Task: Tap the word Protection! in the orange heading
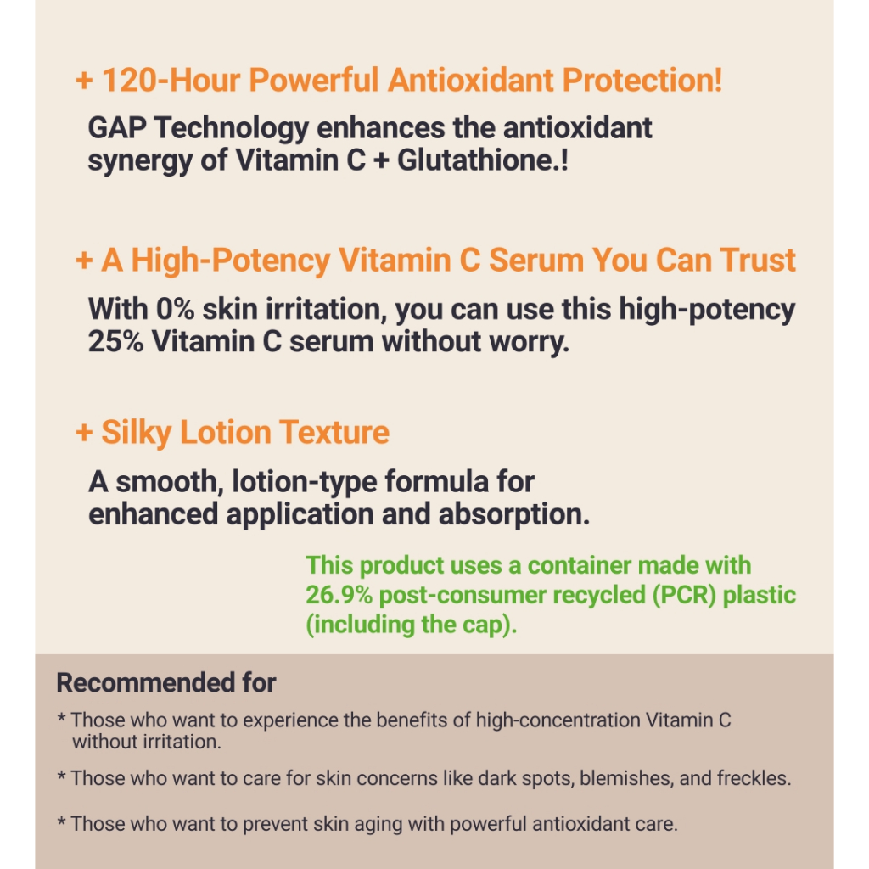click(642, 80)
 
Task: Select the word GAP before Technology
click(117, 128)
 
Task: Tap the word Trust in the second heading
click(758, 260)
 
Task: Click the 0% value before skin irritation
click(175, 309)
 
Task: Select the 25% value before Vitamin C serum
click(115, 341)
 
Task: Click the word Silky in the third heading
click(137, 434)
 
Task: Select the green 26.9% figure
click(339, 595)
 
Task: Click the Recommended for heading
click(166, 682)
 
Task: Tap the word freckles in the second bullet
click(754, 779)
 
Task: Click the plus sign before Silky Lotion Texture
click(84, 433)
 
